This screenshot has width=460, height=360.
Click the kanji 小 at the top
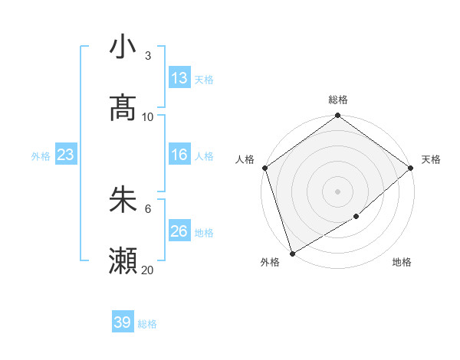pos(123,47)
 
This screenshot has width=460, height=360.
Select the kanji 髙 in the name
pos(123,109)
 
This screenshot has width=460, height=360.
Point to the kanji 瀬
pos(123,261)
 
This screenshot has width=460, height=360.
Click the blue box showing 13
pos(179,78)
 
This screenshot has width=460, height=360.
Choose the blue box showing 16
pos(179,155)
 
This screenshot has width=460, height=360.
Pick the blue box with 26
pos(179,231)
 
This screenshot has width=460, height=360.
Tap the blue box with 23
pos(66,155)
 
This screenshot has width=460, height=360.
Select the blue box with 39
pos(123,322)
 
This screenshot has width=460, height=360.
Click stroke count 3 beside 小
pos(148,56)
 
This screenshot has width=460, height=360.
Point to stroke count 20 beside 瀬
pos(148,270)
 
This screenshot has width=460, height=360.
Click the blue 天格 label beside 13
pos(204,80)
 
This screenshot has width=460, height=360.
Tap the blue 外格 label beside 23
pos(41,156)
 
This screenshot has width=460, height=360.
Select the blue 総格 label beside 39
pos(147,324)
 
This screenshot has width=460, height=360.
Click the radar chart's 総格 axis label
pos(338,100)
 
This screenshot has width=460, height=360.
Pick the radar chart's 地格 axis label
pos(402,262)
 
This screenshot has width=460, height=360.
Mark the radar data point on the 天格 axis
pos(411,168)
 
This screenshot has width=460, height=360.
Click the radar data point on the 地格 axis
pos(356,217)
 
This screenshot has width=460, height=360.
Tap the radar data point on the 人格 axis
pos(264,168)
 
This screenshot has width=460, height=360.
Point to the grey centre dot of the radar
pos(337,191)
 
